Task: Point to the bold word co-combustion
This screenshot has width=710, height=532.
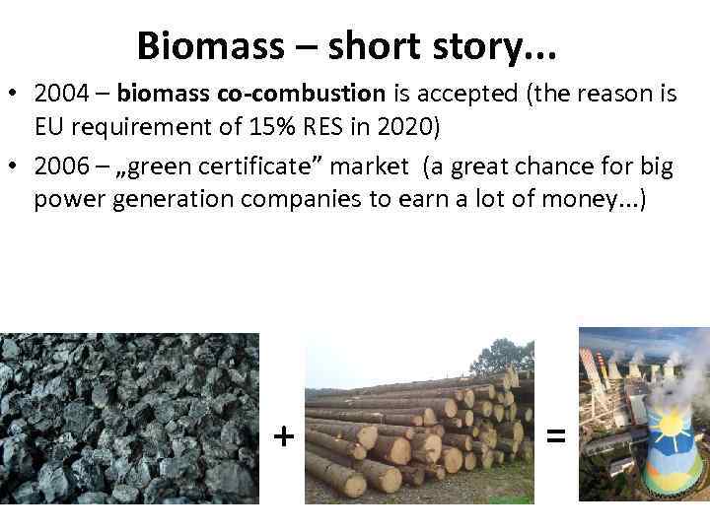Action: tap(317, 95)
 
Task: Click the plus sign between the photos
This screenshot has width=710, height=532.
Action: tap(284, 434)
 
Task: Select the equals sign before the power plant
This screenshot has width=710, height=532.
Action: tap(555, 434)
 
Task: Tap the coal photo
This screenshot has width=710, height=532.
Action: tap(129, 419)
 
